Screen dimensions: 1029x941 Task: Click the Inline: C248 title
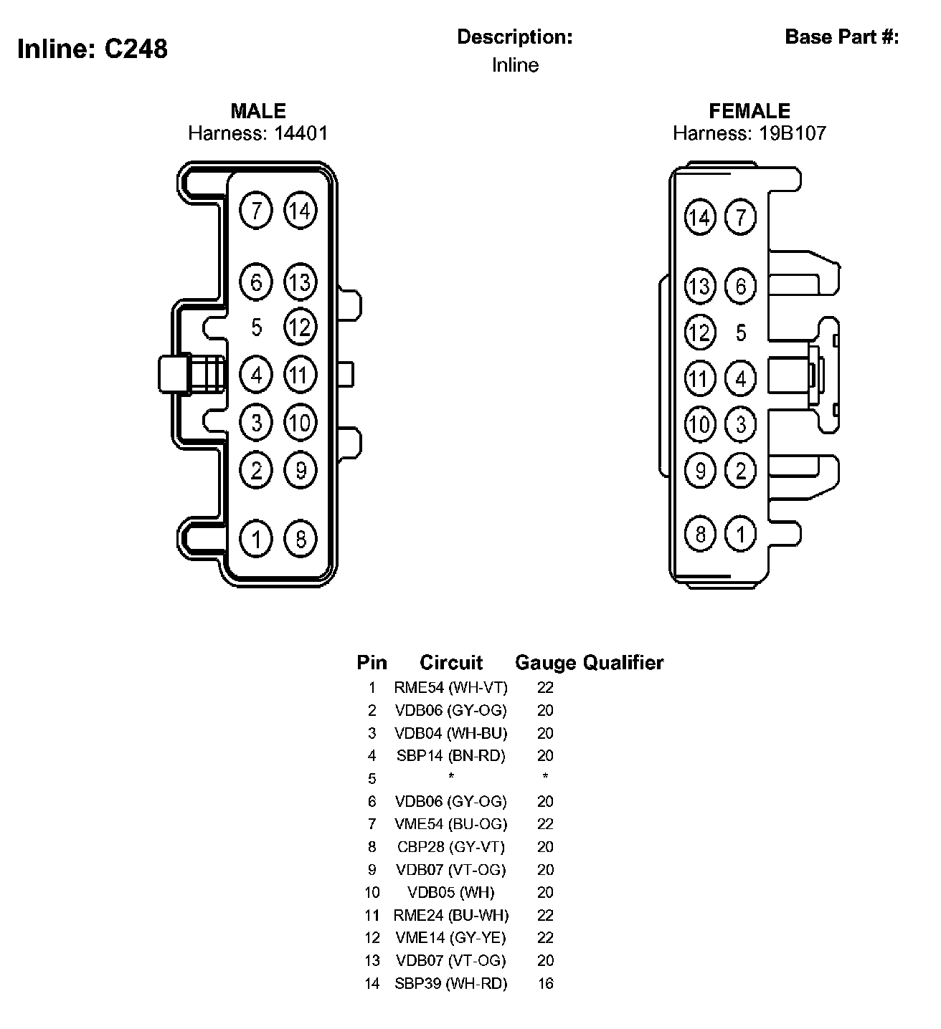pyautogui.click(x=93, y=49)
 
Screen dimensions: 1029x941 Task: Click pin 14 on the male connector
pyautogui.click(x=301, y=211)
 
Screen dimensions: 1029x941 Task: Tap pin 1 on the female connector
pyautogui.click(x=741, y=533)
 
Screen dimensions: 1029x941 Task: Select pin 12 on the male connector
pyautogui.click(x=301, y=327)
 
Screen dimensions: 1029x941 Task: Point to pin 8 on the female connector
pyautogui.click(x=700, y=533)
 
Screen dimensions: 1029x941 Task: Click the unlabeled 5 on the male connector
pyautogui.click(x=257, y=327)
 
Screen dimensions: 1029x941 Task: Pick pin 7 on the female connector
pyautogui.click(x=741, y=217)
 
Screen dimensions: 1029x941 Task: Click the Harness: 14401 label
pyautogui.click(x=257, y=133)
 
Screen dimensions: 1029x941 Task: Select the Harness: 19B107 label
pyautogui.click(x=749, y=133)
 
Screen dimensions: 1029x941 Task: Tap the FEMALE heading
pyautogui.click(x=750, y=111)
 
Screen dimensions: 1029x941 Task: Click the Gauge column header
pyautogui.click(x=546, y=663)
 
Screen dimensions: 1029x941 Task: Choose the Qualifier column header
pyautogui.click(x=623, y=663)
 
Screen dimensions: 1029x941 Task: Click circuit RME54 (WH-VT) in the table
pyautogui.click(x=450, y=688)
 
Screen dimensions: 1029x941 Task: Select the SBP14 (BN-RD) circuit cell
pyautogui.click(x=450, y=756)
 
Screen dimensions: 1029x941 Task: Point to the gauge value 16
pyautogui.click(x=546, y=984)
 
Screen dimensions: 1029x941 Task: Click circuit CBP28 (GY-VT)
pyautogui.click(x=450, y=847)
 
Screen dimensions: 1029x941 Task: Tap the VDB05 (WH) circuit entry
pyautogui.click(x=450, y=893)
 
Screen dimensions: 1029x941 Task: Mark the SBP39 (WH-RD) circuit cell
pyautogui.click(x=450, y=984)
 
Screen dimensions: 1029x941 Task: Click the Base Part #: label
pyautogui.click(x=842, y=37)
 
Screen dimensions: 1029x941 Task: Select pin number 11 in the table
pyautogui.click(x=372, y=915)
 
